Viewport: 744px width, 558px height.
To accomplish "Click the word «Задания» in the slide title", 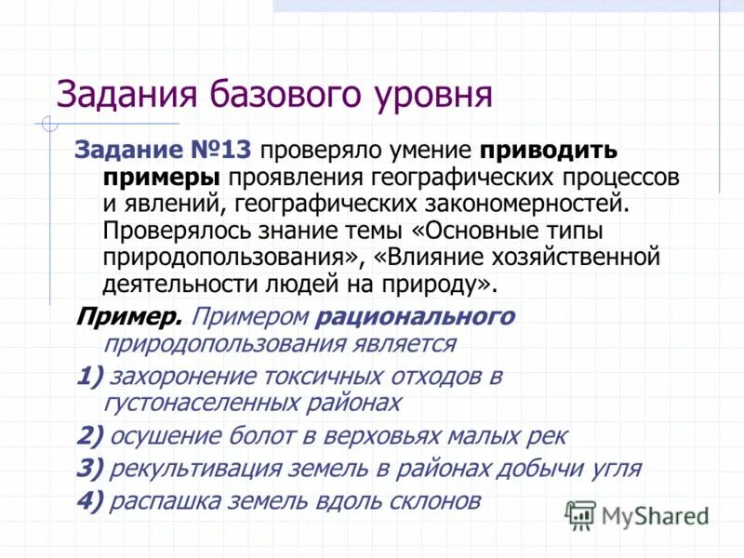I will [113, 95].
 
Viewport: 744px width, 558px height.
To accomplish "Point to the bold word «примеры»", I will [162, 176].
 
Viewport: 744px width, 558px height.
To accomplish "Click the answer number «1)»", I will [89, 377].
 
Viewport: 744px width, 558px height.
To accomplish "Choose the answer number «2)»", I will [89, 435].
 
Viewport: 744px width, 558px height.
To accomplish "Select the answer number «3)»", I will [89, 468].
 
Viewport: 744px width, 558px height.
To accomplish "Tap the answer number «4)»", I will [89, 501].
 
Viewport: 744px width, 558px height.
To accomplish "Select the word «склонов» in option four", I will [436, 501].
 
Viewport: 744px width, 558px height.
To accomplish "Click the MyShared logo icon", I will [580, 513].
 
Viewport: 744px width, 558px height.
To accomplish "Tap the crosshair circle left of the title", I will [49, 123].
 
